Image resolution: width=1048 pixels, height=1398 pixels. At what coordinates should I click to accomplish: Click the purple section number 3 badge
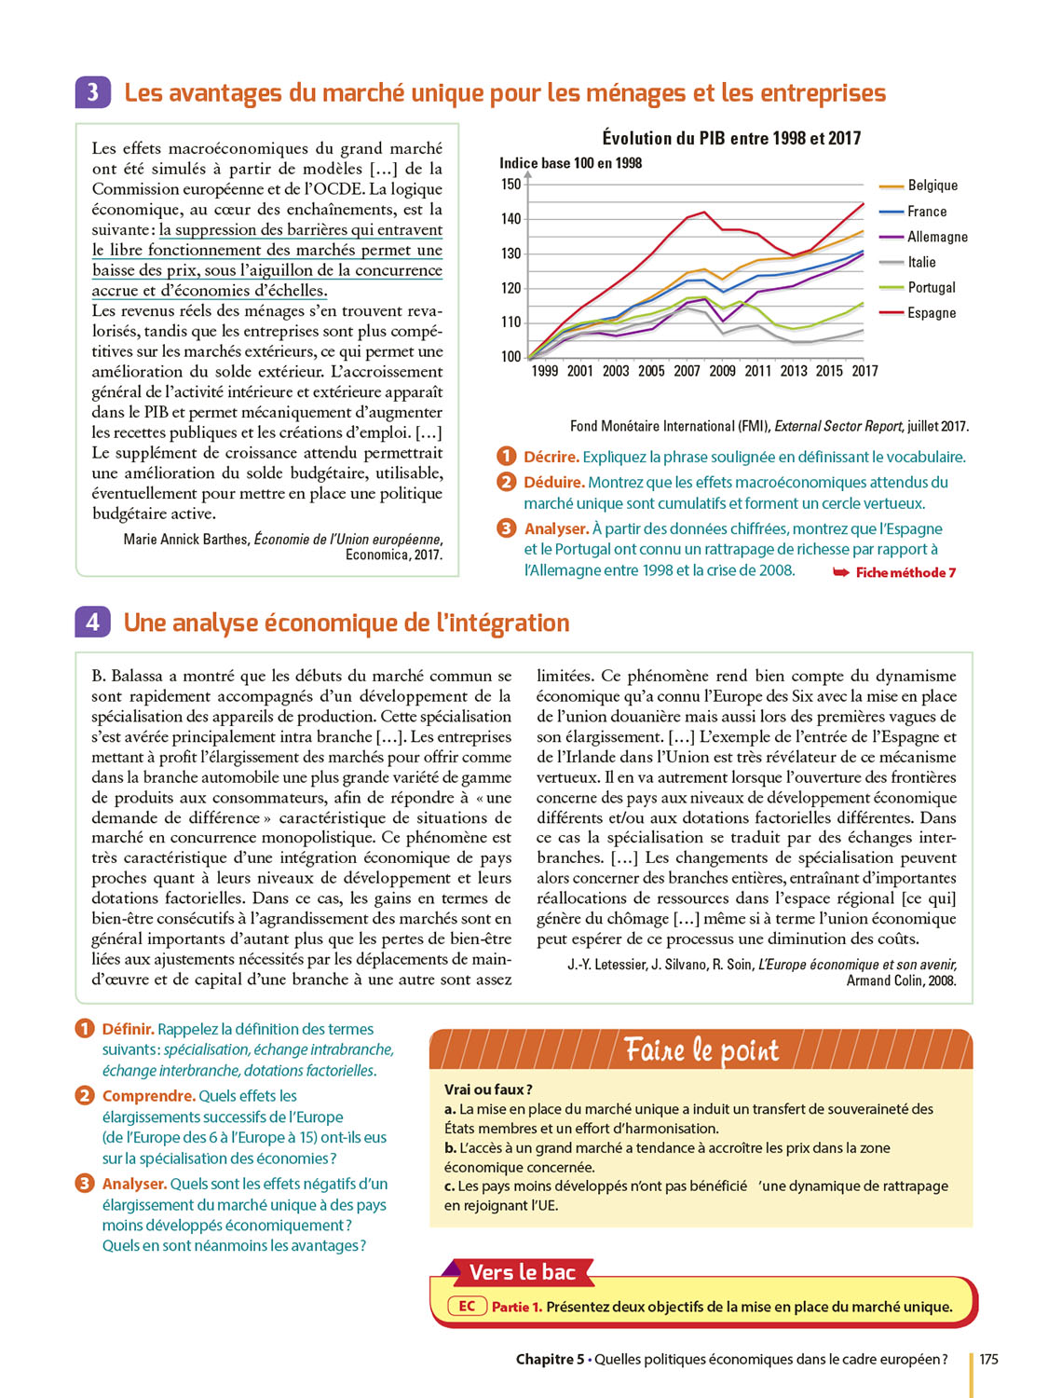click(x=92, y=92)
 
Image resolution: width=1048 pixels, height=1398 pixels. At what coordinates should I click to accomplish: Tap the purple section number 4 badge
click(x=92, y=622)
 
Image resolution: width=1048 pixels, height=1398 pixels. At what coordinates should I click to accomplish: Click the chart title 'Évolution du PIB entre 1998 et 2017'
click(x=731, y=138)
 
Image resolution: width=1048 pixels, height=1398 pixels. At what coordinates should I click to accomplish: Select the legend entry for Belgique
click(x=932, y=185)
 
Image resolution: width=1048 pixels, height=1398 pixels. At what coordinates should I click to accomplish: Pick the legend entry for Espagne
click(x=931, y=313)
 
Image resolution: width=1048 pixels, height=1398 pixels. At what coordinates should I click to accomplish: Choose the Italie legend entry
click(x=921, y=262)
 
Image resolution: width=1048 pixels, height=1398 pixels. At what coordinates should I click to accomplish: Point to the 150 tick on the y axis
click(x=511, y=184)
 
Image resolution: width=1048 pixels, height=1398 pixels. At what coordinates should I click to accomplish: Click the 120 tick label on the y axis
click(x=511, y=288)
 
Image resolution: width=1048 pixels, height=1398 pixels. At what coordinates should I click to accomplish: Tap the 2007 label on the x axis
click(x=687, y=371)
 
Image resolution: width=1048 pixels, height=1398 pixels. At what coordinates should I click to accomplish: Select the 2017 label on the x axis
click(x=864, y=371)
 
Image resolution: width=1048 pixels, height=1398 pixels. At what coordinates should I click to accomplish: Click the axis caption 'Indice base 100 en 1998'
click(x=570, y=163)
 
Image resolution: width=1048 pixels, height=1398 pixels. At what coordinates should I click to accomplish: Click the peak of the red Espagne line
click(x=704, y=212)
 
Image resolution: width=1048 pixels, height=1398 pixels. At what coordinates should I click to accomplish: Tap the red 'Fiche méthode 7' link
click(x=905, y=572)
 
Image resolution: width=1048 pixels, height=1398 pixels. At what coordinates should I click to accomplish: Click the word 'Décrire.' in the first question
click(x=551, y=457)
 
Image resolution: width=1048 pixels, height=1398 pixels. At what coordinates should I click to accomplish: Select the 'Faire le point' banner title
click(x=701, y=1050)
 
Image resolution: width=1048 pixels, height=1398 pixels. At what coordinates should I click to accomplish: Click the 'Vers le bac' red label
click(x=522, y=1272)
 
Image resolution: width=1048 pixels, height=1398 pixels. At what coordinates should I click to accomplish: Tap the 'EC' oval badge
click(x=467, y=1307)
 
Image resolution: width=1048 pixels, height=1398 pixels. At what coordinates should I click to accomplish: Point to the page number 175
click(x=988, y=1359)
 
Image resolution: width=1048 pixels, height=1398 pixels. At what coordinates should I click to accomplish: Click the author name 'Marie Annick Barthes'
click(x=186, y=540)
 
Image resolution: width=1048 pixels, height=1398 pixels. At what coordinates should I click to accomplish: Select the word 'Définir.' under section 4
click(x=128, y=1029)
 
